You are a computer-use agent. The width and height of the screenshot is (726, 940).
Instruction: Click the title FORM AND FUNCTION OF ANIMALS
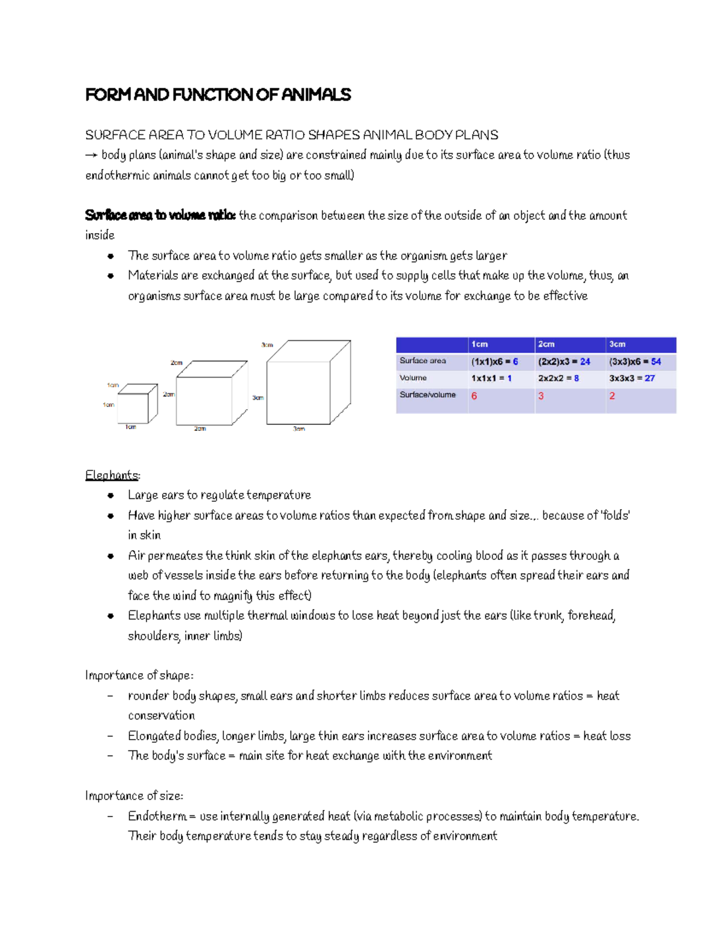218,95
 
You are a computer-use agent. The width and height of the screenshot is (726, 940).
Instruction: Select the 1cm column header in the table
480,344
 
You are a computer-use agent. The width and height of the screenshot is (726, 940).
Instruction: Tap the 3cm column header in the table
617,344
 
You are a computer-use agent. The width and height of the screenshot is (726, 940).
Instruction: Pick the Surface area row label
422,361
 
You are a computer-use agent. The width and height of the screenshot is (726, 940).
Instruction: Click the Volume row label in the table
413,378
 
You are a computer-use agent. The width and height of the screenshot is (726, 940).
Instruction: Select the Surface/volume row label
427,395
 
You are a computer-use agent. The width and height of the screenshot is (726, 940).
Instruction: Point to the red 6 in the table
474,396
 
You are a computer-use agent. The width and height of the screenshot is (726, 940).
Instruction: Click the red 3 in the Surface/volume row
541,396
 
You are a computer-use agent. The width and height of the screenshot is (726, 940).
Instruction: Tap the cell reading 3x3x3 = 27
632,378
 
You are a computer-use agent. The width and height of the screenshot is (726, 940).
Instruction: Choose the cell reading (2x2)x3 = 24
564,362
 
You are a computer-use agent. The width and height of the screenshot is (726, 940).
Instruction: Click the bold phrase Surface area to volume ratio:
160,215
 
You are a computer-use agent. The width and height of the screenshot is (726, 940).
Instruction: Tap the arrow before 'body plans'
91,156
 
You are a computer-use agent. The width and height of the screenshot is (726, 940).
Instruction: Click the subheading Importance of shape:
139,675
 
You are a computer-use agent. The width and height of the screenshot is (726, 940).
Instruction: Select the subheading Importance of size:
134,796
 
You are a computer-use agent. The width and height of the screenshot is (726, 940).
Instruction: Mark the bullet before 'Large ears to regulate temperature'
111,496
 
